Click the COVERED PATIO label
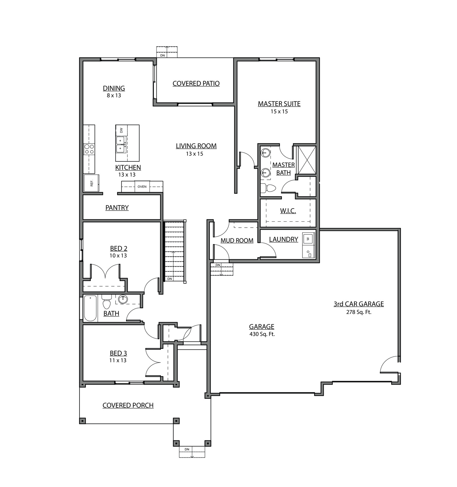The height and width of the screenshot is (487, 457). tap(196, 83)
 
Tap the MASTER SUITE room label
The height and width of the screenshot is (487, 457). tap(279, 104)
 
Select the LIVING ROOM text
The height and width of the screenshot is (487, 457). tap(196, 146)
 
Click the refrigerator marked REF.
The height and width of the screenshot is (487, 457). tap(91, 183)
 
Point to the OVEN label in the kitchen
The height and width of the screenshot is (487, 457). tap(142, 186)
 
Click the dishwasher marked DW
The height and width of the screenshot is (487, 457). tap(121, 130)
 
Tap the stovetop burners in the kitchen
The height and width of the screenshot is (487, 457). tap(89, 149)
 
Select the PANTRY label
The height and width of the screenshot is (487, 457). tap(117, 208)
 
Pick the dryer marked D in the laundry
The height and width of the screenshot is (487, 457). tap(308, 253)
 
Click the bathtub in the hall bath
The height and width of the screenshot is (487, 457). tap(90, 308)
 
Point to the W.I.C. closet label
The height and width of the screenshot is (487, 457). tap(288, 211)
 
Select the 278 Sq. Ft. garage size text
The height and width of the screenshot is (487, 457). tap(359, 312)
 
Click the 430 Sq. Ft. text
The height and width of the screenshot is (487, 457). tap(262, 334)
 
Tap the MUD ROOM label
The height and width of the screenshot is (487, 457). tap(237, 241)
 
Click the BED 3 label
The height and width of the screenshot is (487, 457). tap(118, 353)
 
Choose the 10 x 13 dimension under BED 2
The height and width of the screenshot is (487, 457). tap(118, 256)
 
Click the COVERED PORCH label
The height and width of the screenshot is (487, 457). tap(128, 406)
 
